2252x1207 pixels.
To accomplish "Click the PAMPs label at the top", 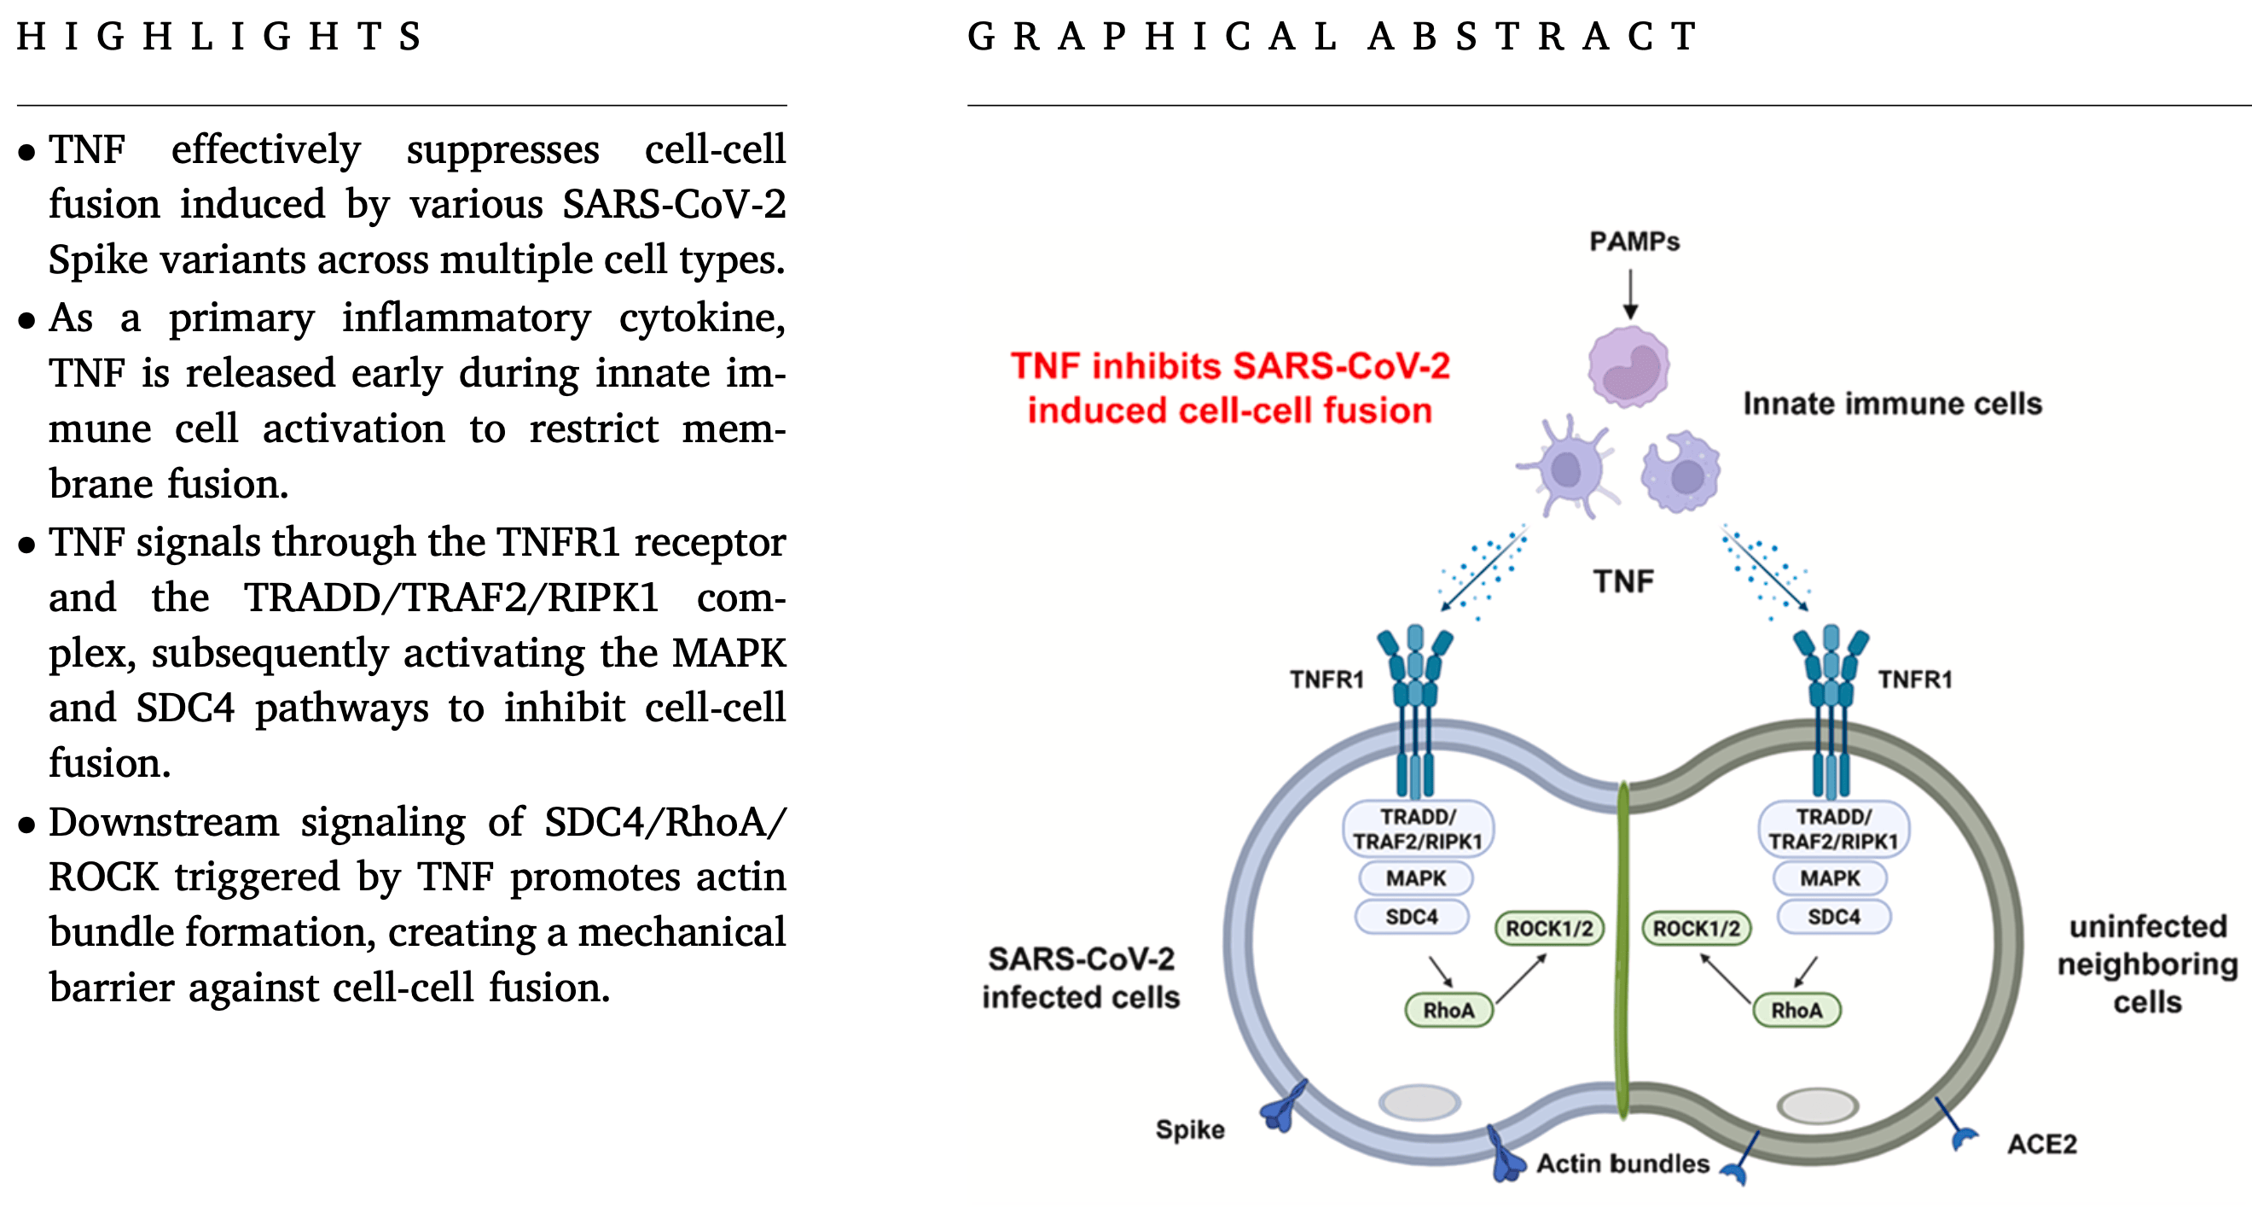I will click(x=1634, y=242).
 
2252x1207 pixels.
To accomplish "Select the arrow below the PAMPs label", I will click(x=1630, y=294).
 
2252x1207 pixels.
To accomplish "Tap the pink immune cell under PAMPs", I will click(x=1628, y=367).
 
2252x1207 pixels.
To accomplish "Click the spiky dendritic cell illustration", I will click(x=1569, y=468).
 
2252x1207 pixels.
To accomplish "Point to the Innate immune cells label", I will click(x=1893, y=403).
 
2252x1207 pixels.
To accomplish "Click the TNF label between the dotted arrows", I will click(x=1623, y=580).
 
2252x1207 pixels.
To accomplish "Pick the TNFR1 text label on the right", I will click(x=1915, y=679).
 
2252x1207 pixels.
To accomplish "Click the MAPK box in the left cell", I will click(x=1416, y=878).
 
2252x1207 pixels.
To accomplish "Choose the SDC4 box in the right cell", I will click(x=1834, y=917).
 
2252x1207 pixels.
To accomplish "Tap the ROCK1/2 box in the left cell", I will click(x=1550, y=928).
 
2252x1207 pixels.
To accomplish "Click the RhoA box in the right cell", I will click(x=1796, y=1010).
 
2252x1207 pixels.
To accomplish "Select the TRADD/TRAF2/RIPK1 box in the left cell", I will click(x=1418, y=828).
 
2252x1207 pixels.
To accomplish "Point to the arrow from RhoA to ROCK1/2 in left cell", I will click(x=1521, y=978).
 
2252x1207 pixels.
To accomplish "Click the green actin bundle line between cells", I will click(x=1623, y=953).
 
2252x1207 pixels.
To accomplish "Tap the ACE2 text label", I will click(x=2041, y=1144).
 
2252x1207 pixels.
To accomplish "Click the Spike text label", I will click(x=1190, y=1129).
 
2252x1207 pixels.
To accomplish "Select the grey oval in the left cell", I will click(x=1419, y=1102).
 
